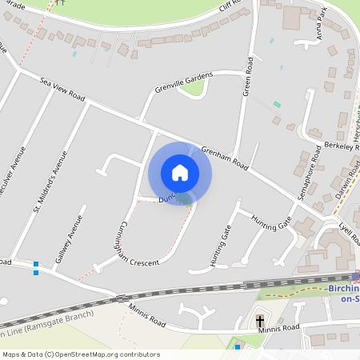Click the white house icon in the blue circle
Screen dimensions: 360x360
[x=180, y=173]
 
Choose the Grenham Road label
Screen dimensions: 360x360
[x=226, y=158]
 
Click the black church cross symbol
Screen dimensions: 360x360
[x=260, y=322]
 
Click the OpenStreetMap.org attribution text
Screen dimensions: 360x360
[x=104, y=354]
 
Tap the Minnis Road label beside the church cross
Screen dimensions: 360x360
[x=286, y=327]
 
